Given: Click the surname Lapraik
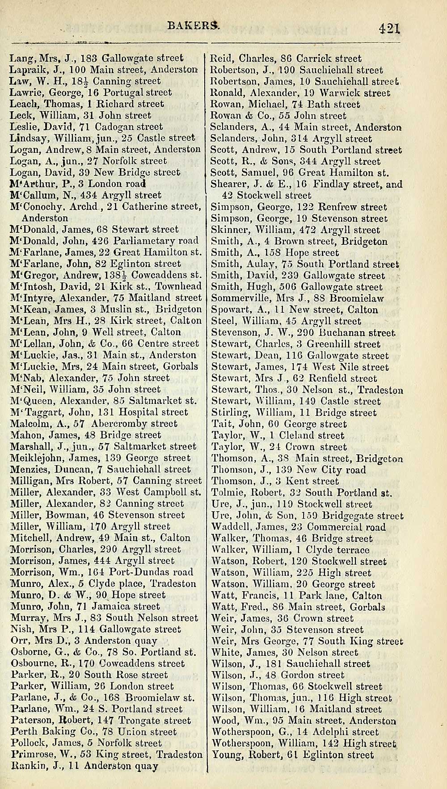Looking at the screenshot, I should (x=25, y=70).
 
